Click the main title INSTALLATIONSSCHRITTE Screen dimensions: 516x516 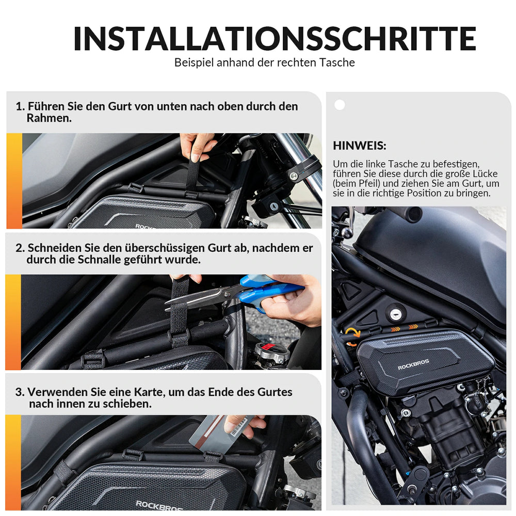click(x=275, y=39)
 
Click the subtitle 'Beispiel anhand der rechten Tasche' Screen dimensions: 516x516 click(x=265, y=62)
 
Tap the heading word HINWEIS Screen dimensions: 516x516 click(x=359, y=146)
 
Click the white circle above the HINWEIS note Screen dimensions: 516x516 click(x=340, y=105)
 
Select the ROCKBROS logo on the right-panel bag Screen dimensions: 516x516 click(x=413, y=364)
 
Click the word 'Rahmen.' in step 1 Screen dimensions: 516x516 click(x=49, y=118)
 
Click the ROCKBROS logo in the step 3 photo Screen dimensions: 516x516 click(x=159, y=506)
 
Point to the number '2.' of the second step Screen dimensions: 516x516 click(x=20, y=248)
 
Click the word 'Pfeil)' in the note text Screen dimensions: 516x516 click(x=368, y=183)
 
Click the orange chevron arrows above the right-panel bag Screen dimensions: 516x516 click(x=404, y=328)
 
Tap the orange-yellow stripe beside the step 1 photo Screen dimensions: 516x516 click(x=14, y=181)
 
